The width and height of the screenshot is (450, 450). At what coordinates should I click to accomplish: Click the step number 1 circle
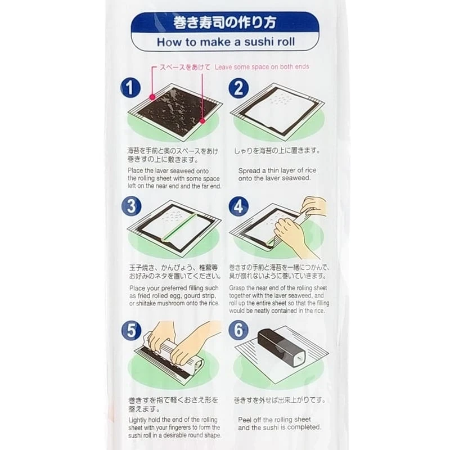(130, 88)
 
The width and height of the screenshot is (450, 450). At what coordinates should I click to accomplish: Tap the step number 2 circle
(238, 88)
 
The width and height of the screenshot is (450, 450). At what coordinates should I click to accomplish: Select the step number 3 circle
(130, 206)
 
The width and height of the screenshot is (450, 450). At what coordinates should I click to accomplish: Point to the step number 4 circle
(238, 206)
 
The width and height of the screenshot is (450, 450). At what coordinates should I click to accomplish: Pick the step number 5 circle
(130, 331)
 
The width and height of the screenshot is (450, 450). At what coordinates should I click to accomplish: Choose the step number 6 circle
(238, 331)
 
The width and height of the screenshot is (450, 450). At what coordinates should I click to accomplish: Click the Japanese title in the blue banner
(224, 24)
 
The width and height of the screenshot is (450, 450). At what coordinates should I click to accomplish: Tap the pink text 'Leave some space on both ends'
(262, 66)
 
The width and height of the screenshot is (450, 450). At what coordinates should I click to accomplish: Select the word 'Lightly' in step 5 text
(139, 420)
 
